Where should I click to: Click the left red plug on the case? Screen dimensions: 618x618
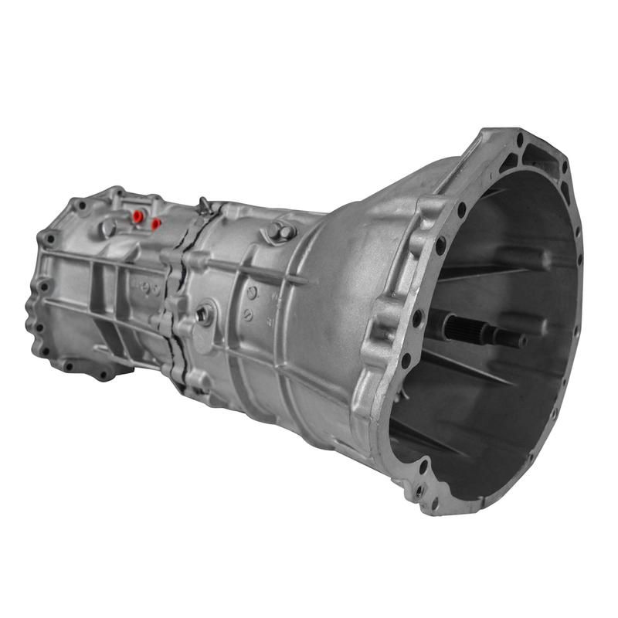click(138, 216)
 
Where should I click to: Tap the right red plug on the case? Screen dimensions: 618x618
click(156, 224)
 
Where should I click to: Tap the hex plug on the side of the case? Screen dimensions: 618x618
click(205, 314)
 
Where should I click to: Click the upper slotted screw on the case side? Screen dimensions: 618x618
click(252, 292)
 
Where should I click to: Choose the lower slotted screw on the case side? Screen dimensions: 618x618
click(248, 314)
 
